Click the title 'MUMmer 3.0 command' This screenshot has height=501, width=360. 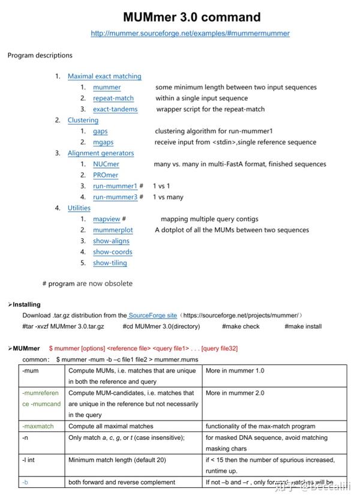[191, 17]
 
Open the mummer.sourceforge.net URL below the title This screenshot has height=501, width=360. [190, 34]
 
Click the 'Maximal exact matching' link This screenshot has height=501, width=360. [104, 76]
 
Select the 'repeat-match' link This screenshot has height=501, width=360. [113, 98]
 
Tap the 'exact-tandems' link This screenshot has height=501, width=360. [115, 109]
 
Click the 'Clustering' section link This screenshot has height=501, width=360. [83, 120]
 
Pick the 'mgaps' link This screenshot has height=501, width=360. [103, 142]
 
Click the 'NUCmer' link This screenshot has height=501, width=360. [106, 164]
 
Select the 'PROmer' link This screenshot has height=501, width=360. [106, 175]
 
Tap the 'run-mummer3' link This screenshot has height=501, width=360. [115, 197]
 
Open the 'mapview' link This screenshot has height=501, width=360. [107, 219]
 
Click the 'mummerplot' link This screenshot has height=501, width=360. [113, 230]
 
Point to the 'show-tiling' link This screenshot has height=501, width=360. [110, 263]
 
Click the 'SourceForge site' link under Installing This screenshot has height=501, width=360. [153, 315]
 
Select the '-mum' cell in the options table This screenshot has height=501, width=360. [31, 371]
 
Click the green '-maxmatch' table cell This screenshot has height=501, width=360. [38, 426]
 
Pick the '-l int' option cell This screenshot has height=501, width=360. [31, 460]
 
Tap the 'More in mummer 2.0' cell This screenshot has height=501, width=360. [235, 393]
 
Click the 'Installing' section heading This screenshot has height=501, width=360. [26, 305]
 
